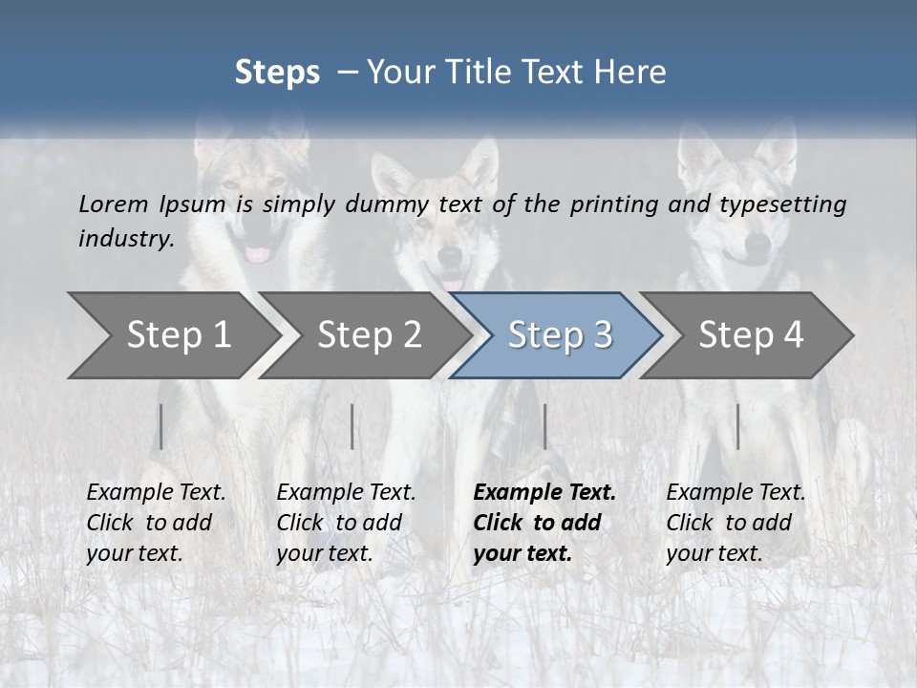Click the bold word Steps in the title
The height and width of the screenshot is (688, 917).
[277, 72]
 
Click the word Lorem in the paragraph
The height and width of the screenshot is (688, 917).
[112, 204]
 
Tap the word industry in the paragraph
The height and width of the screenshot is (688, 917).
[125, 239]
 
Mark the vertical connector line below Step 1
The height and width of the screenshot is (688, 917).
[161, 426]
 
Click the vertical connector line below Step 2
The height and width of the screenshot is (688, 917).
[352, 426]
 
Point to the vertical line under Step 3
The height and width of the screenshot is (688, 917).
[544, 426]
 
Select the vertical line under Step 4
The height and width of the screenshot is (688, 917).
[737, 426]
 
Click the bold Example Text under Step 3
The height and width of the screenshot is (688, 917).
[544, 493]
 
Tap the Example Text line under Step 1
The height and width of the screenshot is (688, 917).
[156, 493]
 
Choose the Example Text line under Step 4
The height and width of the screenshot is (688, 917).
[736, 493]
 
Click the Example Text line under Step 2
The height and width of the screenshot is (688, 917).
[346, 493]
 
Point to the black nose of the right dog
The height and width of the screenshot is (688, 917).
[756, 247]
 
